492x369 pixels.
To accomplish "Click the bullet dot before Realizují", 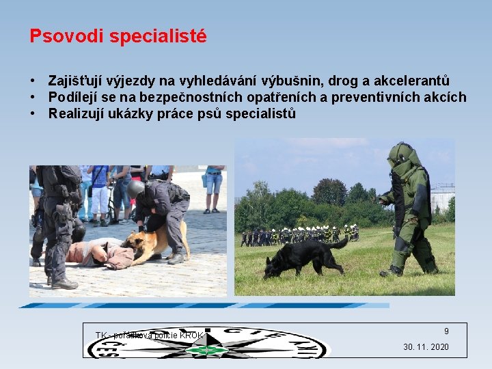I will pyautogui.click(x=33, y=114).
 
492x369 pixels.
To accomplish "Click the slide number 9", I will pyautogui.click(x=446, y=331).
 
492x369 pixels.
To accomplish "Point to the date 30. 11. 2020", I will pyautogui.click(x=426, y=347).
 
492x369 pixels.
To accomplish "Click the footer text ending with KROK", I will pyautogui.click(x=149, y=336).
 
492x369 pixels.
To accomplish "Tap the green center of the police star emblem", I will pyautogui.click(x=208, y=350).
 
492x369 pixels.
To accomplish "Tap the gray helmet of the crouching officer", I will pyautogui.click(x=136, y=188).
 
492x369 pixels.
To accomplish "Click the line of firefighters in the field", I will pyautogui.click(x=301, y=234).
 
